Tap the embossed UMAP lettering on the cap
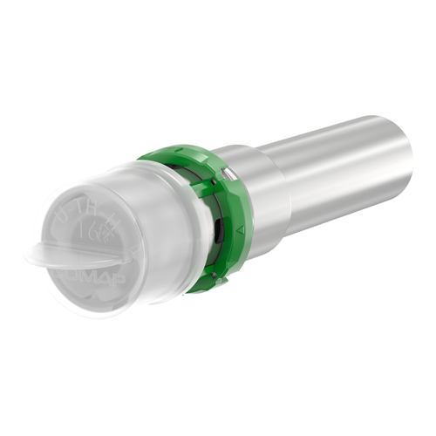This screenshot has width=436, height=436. point(87,281)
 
